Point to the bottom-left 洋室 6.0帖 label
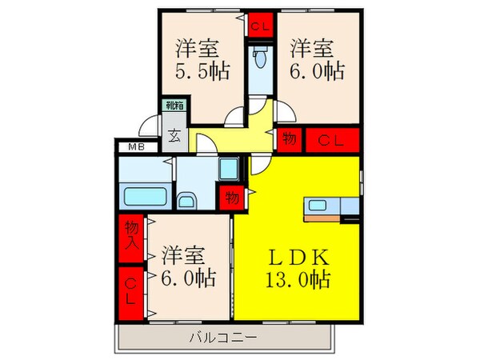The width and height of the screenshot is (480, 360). [x=189, y=268]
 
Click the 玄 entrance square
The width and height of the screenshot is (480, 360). [x=174, y=135]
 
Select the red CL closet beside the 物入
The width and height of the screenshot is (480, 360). [x=131, y=289]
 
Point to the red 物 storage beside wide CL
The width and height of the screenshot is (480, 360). [x=289, y=141]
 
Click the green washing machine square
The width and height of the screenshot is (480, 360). [x=228, y=170]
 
